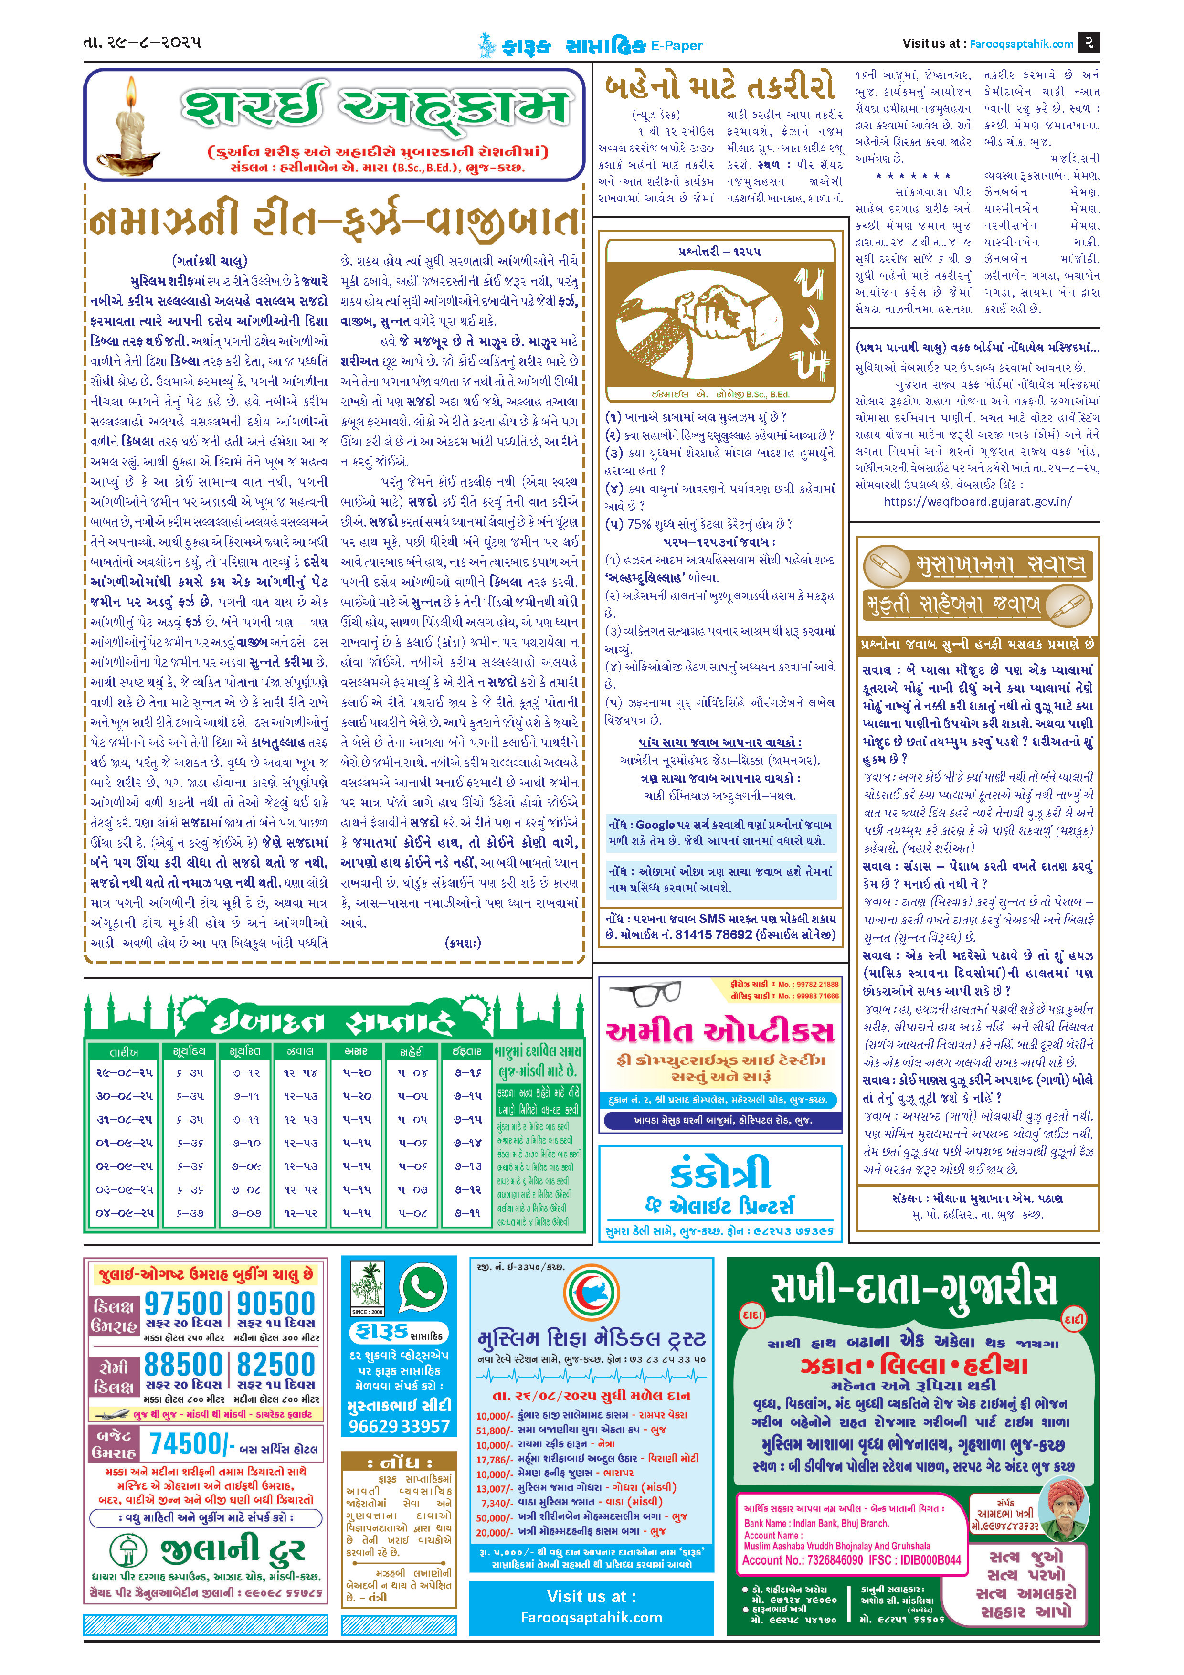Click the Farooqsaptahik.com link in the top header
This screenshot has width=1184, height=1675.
(1021, 44)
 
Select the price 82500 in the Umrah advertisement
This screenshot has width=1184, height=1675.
(276, 1364)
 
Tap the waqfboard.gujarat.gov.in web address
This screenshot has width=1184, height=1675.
(978, 501)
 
